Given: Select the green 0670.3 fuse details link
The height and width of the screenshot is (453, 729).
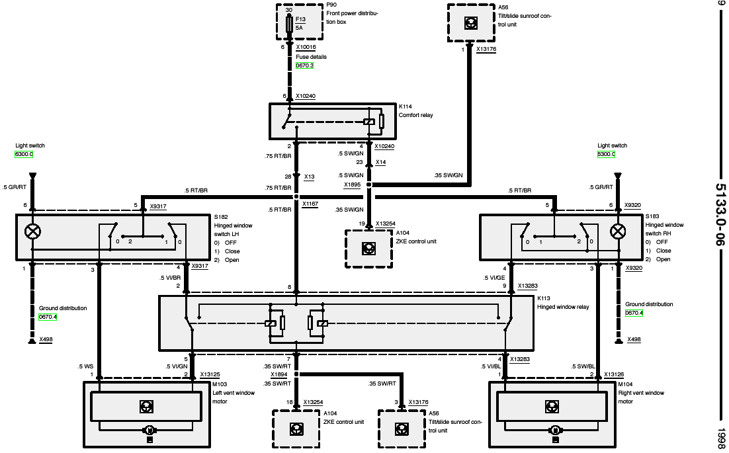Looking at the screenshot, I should pyautogui.click(x=305, y=65).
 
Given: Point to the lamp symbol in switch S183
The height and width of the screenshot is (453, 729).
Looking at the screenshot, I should pyautogui.click(x=618, y=231).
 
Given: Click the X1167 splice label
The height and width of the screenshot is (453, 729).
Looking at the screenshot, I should pyautogui.click(x=310, y=204).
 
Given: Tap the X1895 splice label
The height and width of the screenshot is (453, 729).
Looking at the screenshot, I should pyautogui.click(x=352, y=185).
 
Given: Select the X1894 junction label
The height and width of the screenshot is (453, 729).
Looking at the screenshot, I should pyautogui.click(x=279, y=374).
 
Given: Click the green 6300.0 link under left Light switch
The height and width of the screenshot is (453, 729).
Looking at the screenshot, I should pyautogui.click(x=24, y=154).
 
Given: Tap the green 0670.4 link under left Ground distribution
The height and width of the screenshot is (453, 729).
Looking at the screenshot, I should pyautogui.click(x=48, y=317).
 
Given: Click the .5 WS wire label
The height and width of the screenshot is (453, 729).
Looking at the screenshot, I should pyautogui.click(x=85, y=366).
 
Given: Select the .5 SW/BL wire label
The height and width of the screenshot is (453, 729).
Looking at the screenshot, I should pyautogui.click(x=583, y=366).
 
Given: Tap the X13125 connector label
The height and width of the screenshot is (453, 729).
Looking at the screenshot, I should pyautogui.click(x=210, y=374).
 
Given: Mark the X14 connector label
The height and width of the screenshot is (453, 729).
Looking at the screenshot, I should pyautogui.click(x=381, y=162).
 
